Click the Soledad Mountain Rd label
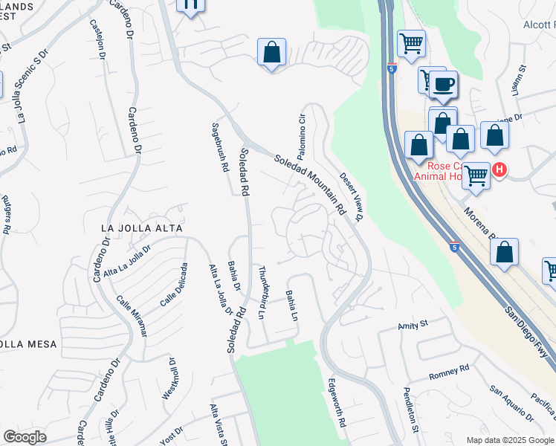pyautogui.click(x=310, y=185)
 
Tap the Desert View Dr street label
pyautogui.click(x=352, y=197)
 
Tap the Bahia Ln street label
pyautogui.click(x=292, y=306)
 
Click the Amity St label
pyautogui.click(x=413, y=325)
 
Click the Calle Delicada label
pyautogui.click(x=172, y=285)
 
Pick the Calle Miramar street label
pyautogui.click(x=132, y=315)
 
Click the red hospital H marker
pyautogui.click(x=500, y=169)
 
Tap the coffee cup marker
pyautogui.click(x=444, y=84)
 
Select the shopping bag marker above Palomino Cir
pyautogui.click(x=271, y=53)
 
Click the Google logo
pyautogui.click(x=24, y=437)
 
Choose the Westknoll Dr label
pyautogui.click(x=172, y=381)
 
